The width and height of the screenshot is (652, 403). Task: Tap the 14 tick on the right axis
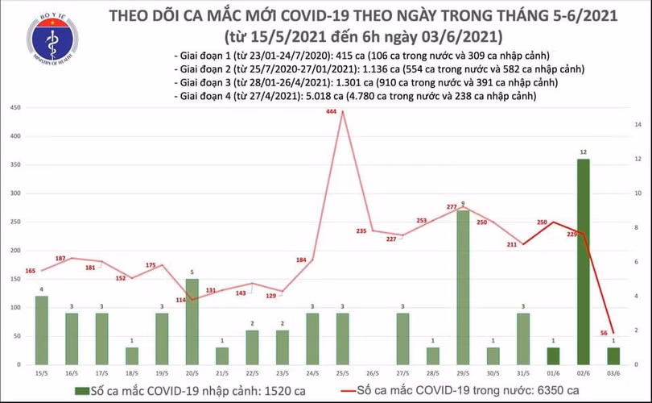coord(637,125)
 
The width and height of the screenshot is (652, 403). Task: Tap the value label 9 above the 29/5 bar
coord(462,203)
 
